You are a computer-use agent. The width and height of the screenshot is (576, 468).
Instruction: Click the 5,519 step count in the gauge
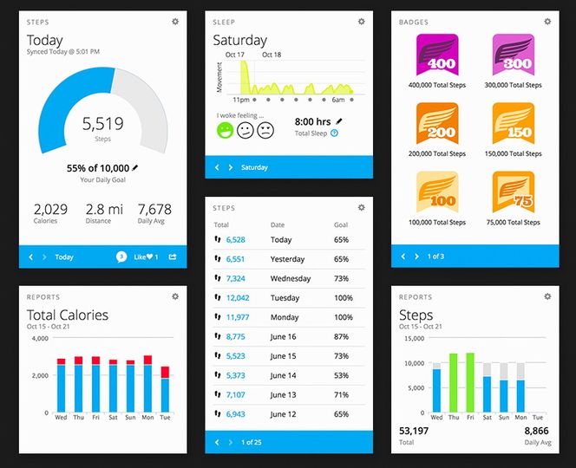(102, 124)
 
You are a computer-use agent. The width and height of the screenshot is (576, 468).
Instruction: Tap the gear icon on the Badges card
(547, 21)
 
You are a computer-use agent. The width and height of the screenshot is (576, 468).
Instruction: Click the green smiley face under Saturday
(225, 130)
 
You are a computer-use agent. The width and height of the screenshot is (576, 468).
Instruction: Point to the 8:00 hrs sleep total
(312, 122)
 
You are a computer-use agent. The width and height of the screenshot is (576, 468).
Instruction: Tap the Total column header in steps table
(221, 225)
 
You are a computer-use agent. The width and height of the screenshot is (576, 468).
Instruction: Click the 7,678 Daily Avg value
(154, 209)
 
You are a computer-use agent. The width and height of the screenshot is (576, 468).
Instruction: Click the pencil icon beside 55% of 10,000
(135, 167)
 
